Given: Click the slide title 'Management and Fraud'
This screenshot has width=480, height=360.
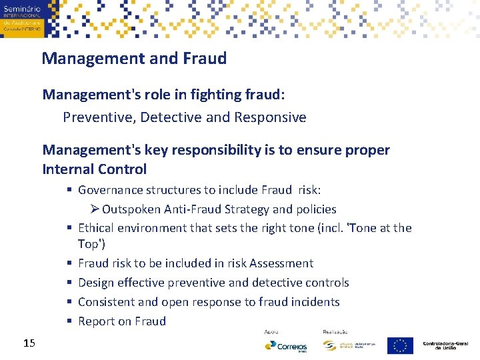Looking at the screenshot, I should (134, 59).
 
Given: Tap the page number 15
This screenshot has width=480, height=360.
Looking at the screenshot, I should (29, 343).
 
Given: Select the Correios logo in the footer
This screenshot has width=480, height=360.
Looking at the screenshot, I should (286, 346).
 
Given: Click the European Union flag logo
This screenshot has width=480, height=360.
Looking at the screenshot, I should (400, 345).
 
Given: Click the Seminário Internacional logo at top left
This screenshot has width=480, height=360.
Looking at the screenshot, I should (22, 18).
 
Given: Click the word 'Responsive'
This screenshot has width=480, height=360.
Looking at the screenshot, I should (270, 118).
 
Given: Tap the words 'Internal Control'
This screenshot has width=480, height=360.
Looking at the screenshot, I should (94, 169).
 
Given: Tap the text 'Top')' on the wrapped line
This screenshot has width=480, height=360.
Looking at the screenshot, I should (91, 244).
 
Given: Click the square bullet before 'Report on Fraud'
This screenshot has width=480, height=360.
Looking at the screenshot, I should (69, 321).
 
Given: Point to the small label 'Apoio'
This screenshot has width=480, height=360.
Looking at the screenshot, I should (272, 331).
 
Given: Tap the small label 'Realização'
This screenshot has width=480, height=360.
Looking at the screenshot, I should (335, 331).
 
